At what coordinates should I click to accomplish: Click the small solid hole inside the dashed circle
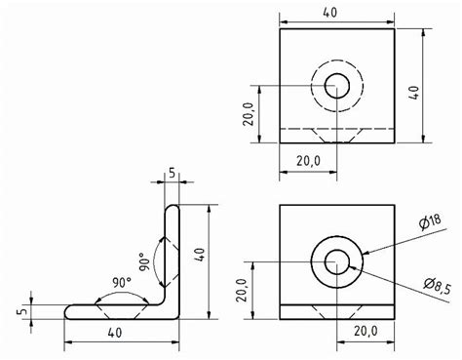[337, 84]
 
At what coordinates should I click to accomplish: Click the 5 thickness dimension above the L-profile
[172, 174]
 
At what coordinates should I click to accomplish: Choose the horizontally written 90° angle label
[122, 283]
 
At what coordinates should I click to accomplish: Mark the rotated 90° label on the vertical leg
[143, 263]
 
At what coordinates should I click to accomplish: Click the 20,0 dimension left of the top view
[251, 114]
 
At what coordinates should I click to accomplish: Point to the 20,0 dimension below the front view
[366, 333]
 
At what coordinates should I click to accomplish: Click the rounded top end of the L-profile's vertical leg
[172, 206]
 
